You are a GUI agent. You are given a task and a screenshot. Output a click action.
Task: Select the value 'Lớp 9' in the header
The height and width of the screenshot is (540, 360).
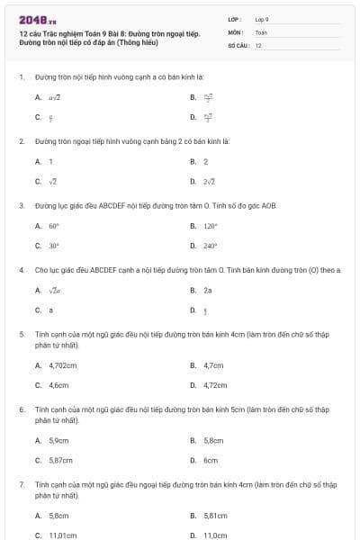tap(262, 19)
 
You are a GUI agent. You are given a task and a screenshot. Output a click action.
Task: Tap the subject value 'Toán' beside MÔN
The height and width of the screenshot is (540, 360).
tap(261, 31)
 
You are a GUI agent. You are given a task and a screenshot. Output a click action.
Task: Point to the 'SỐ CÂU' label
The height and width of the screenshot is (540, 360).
tap(238, 44)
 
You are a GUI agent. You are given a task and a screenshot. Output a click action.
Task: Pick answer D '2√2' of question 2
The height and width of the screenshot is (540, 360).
tap(209, 181)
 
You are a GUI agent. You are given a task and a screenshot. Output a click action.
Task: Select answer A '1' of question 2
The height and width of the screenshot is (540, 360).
tap(51, 162)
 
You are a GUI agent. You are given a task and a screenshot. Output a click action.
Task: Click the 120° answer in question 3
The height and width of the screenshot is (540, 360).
tap(211, 227)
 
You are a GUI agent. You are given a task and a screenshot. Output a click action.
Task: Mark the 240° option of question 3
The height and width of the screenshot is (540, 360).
tap(211, 246)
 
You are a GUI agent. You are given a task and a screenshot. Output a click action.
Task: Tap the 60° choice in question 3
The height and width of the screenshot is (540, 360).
tap(54, 227)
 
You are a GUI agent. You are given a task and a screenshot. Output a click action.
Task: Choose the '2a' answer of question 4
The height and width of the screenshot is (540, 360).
tap(208, 291)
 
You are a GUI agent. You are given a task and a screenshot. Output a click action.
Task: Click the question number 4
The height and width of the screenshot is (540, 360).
tap(21, 269)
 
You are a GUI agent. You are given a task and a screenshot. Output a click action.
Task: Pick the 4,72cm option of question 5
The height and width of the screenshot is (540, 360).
tap(215, 384)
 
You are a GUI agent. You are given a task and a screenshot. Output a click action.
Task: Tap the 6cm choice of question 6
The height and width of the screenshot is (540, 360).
tap(211, 460)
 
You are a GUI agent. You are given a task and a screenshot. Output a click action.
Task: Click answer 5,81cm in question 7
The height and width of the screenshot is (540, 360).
tap(215, 516)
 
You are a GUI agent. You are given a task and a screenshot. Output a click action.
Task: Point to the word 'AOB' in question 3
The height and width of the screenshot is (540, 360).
tap(268, 205)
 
